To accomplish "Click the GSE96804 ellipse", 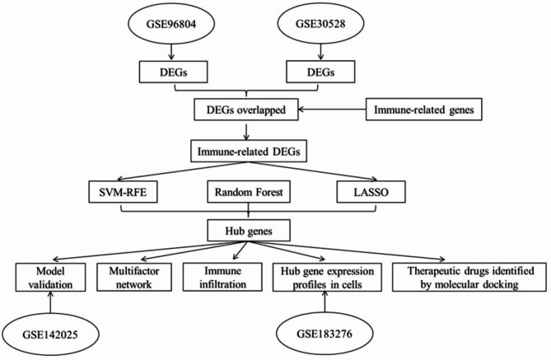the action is pos(170,24).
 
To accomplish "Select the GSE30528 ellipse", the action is pos(320,24).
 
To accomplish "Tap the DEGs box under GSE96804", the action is pos(173,72).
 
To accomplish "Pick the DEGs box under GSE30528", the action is pos(320,72).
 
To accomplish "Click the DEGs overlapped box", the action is pos(246,110).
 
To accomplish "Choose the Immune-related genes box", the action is pos(424,110).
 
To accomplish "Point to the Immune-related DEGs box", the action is pos(249,152).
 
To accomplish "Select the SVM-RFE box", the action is pos(123,192).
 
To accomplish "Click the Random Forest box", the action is pos(249,192).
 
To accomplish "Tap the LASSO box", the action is pos(371,192).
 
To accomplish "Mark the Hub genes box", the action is pos(249,231).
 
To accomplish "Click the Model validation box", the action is pos(50,278).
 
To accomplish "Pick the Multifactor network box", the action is pos(134,278).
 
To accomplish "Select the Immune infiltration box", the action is pos(222,278).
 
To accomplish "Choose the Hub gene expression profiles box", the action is pos(327,278).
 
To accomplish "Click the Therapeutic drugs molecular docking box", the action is pos(469,278).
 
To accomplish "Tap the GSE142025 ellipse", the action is pos(50,334).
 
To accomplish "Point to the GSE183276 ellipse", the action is pos(325,334).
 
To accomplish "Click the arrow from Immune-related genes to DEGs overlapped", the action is pos(332,110).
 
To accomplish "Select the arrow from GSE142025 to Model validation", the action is pos(50,302).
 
